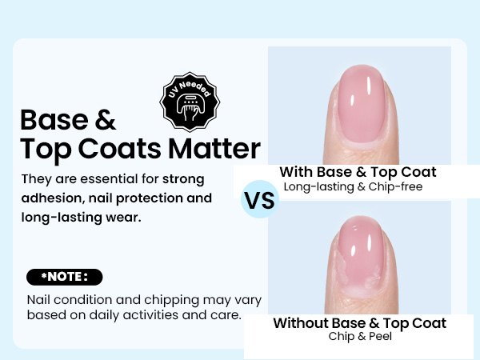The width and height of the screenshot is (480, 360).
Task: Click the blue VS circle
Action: [x=259, y=200]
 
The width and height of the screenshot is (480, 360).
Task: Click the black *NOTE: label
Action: [x=64, y=278]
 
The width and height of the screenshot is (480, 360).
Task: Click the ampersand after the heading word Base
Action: [x=105, y=120]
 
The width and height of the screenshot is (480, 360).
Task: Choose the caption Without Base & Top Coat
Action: [x=359, y=323]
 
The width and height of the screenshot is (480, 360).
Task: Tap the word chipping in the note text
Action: [x=168, y=299]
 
